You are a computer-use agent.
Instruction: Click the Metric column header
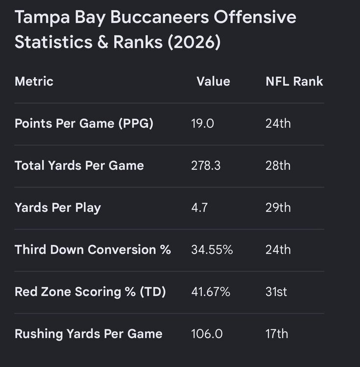[34, 81]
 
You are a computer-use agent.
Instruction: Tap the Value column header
[214, 81]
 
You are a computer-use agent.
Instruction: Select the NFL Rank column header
[294, 81]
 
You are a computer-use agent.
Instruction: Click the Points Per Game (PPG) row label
[84, 123]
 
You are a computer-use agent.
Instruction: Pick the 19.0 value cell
[203, 123]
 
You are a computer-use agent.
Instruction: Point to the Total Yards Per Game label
[79, 165]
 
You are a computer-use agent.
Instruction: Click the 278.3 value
[206, 165]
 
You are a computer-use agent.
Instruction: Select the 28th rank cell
[278, 165]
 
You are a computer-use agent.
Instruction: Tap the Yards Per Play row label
[58, 207]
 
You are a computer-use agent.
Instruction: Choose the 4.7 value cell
[199, 207]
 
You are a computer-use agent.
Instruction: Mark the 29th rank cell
[278, 207]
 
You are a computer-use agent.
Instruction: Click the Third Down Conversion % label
[93, 250]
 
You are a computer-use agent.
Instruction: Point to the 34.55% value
[212, 250]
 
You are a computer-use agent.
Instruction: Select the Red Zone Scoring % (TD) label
[90, 292]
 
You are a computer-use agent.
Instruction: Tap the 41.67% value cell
[211, 292]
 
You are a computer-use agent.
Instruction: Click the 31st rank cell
[276, 292]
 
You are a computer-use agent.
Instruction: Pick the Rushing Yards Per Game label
[89, 334]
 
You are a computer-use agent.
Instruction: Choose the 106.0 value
[207, 334]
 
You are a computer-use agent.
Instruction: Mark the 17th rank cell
[277, 334]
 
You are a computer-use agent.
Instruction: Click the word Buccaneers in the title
[160, 17]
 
